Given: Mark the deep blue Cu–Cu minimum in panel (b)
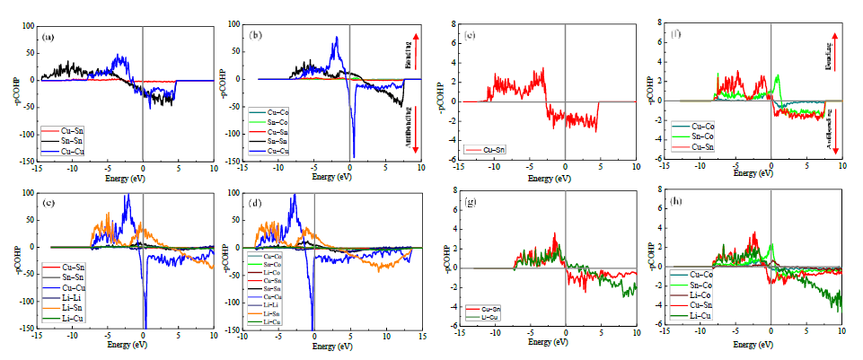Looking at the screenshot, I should (354, 155).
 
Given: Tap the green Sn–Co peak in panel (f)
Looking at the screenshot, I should (778, 75).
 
